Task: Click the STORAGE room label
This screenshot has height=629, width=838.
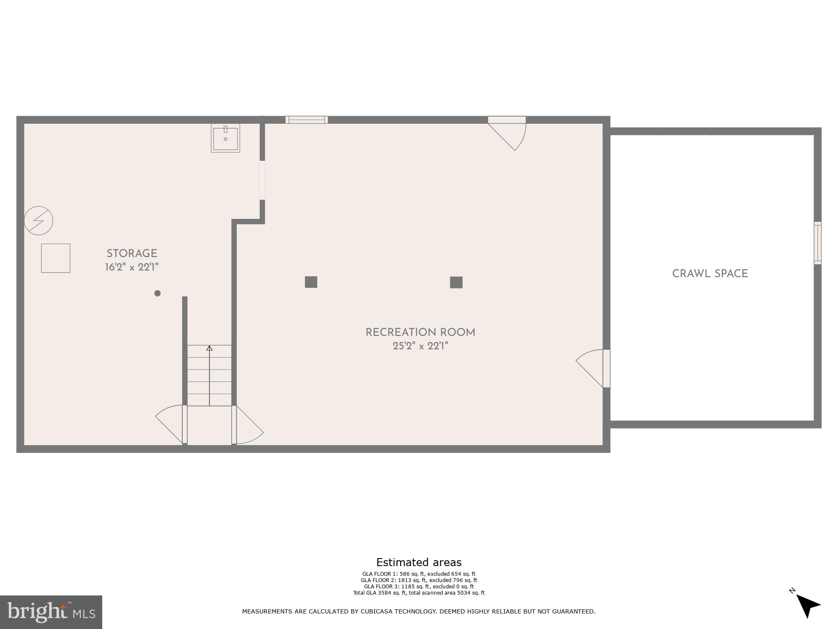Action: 132,254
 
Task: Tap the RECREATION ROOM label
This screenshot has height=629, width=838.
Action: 420,333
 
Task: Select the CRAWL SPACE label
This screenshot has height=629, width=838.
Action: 710,274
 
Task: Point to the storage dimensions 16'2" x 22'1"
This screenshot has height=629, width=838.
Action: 132,267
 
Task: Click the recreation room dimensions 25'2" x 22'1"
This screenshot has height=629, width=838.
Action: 420,346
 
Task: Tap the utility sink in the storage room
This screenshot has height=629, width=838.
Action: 225,138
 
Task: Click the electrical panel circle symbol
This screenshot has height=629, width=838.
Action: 39,220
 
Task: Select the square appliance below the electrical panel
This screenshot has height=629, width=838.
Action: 56,258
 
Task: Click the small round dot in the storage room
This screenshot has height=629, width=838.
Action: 158,294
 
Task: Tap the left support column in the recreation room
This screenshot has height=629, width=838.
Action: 311,282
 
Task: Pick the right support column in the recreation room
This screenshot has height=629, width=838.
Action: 456,282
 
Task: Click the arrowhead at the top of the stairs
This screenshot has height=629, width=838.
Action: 209,348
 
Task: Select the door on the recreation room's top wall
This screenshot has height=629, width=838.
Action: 507,130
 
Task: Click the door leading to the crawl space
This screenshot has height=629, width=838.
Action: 595,368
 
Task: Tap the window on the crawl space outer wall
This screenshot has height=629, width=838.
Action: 817,243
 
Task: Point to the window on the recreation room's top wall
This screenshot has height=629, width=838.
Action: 307,120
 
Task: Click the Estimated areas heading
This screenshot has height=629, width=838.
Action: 419,562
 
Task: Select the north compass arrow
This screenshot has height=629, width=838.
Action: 807,606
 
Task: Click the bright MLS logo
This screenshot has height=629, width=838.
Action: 51,612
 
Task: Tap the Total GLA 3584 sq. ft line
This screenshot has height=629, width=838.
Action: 419,593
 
